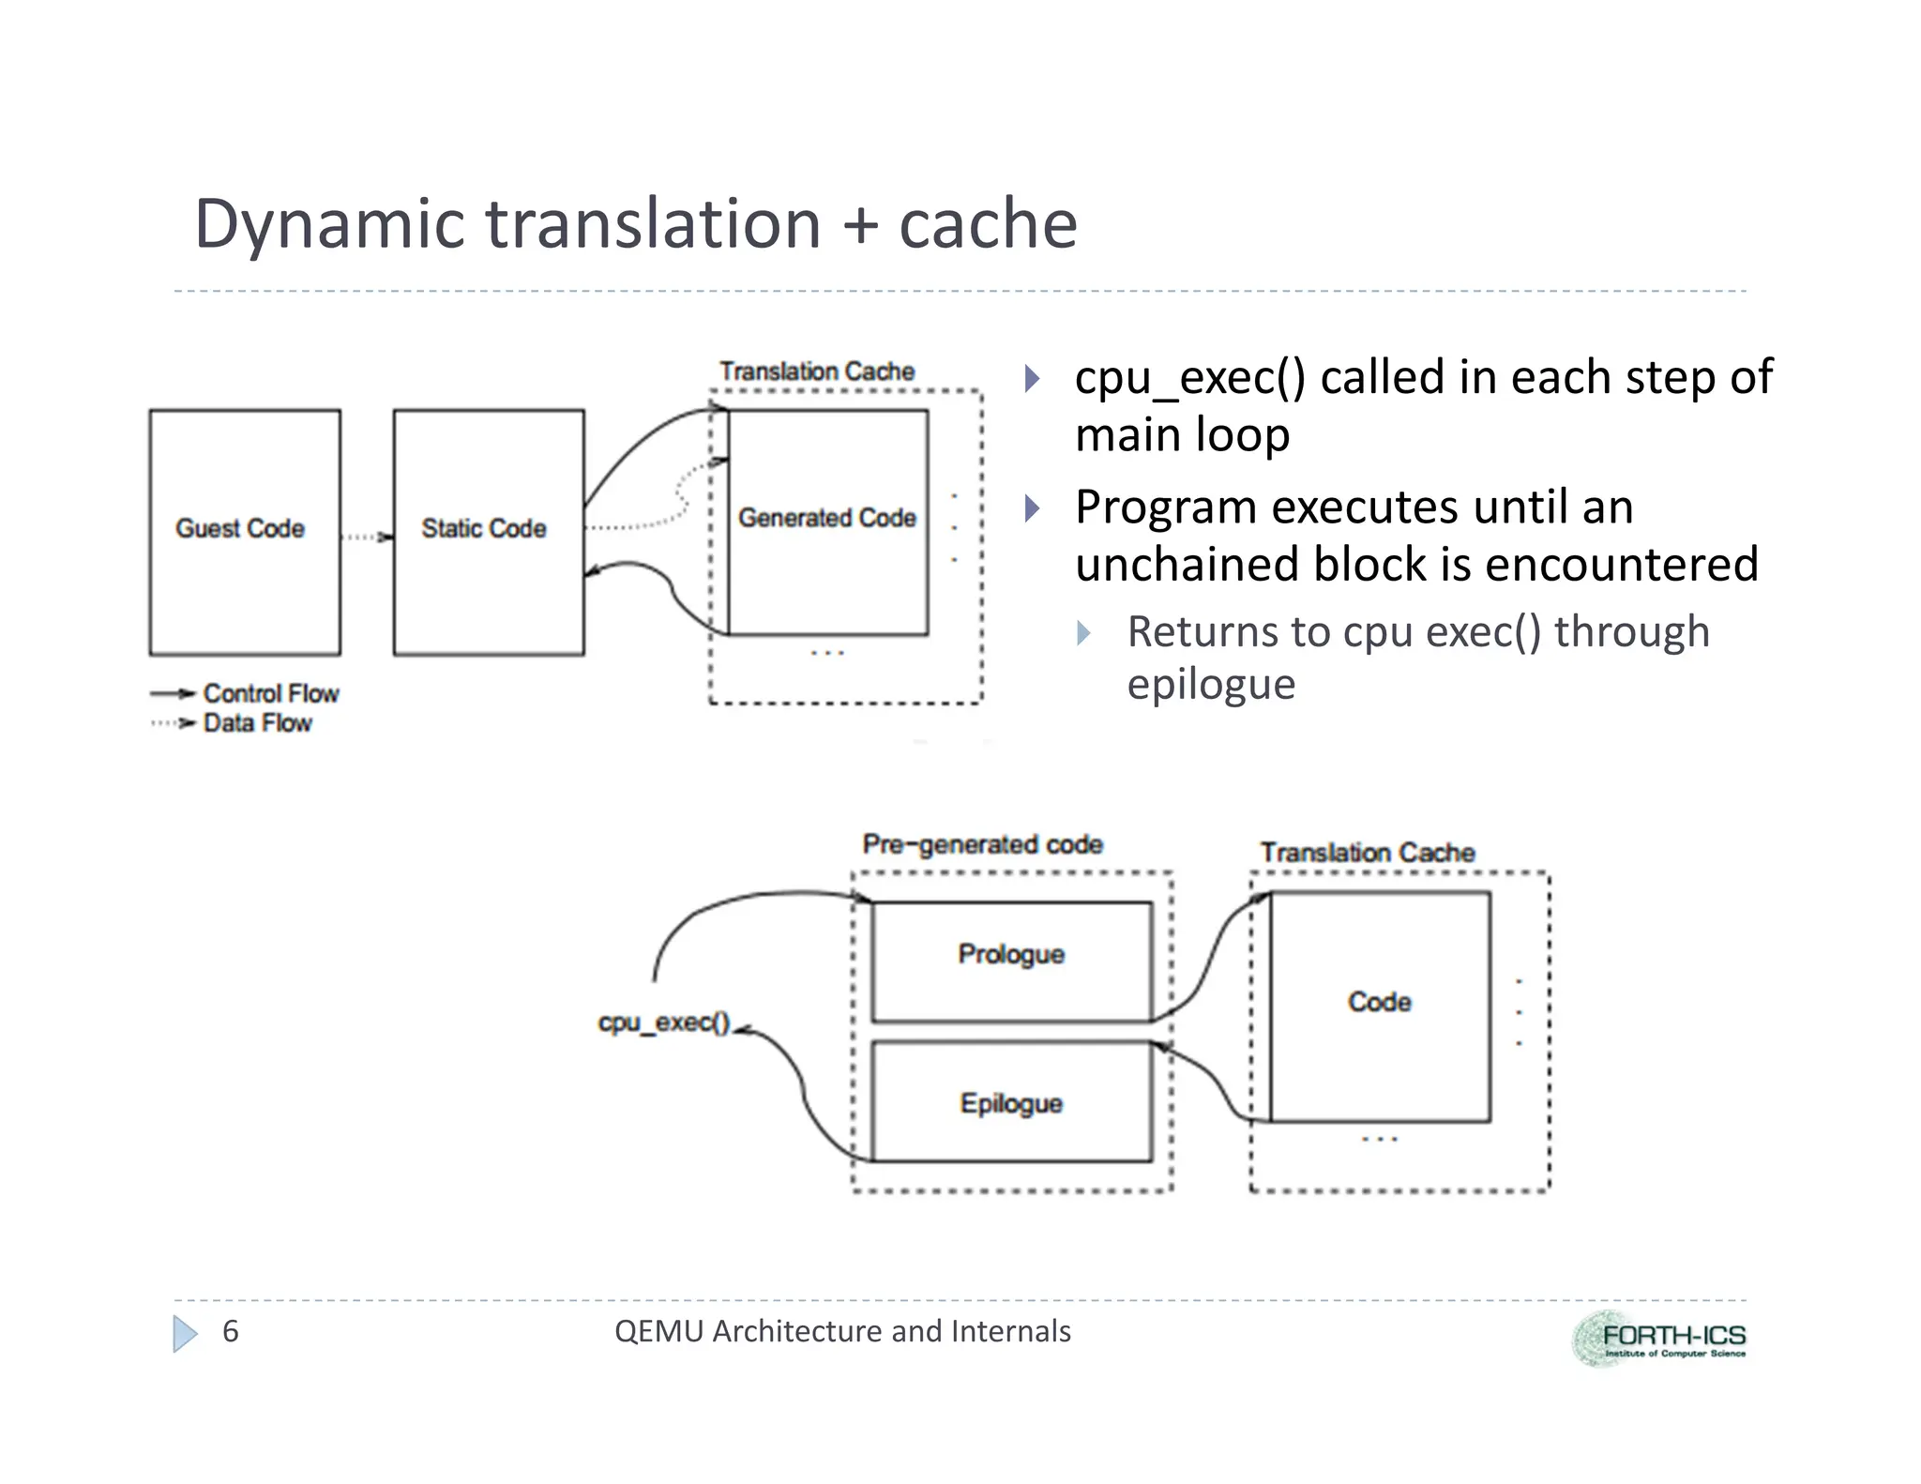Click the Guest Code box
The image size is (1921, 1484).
[x=244, y=531]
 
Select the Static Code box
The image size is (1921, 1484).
[x=488, y=531]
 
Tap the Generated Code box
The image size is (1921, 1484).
[x=827, y=522]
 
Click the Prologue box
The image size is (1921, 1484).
[x=1011, y=961]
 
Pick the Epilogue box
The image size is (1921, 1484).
[x=1011, y=1101]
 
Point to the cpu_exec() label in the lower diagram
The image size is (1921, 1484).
[x=663, y=1022]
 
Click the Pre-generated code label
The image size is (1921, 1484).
[x=982, y=844]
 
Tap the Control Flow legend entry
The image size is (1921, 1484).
[x=270, y=693]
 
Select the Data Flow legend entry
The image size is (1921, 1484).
[x=256, y=723]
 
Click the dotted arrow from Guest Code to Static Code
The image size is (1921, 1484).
[x=366, y=537]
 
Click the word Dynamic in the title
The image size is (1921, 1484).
[x=328, y=225]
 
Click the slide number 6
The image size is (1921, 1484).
[x=230, y=1331]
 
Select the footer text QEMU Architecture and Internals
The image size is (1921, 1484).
[x=841, y=1331]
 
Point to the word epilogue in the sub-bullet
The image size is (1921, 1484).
[x=1210, y=685]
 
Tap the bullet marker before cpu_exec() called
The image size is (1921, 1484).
[x=1033, y=379]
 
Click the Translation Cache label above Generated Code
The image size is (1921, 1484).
[x=816, y=371]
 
